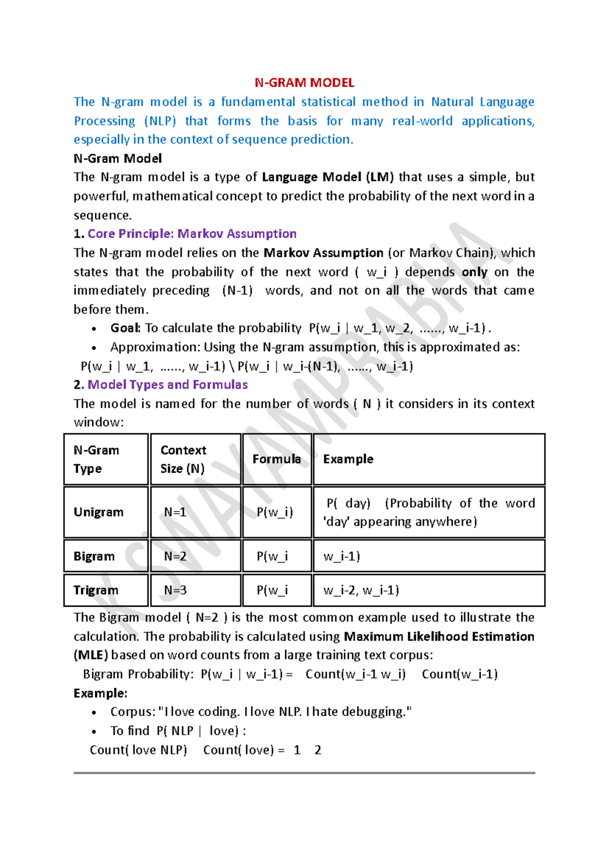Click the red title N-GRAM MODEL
(304, 83)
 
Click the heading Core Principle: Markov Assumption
(192, 234)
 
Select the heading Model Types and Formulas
(167, 384)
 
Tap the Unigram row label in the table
(98, 512)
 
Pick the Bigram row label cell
(94, 556)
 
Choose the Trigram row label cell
(96, 590)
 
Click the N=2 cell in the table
(175, 556)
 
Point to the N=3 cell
(175, 590)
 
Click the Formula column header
(277, 459)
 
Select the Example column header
(348, 459)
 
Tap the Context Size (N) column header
(183, 459)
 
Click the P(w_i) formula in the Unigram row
(275, 512)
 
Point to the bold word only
(475, 272)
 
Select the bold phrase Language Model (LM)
(328, 177)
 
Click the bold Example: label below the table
(100, 693)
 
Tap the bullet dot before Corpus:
(94, 713)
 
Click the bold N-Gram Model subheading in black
(118, 158)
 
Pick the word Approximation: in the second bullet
(155, 347)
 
